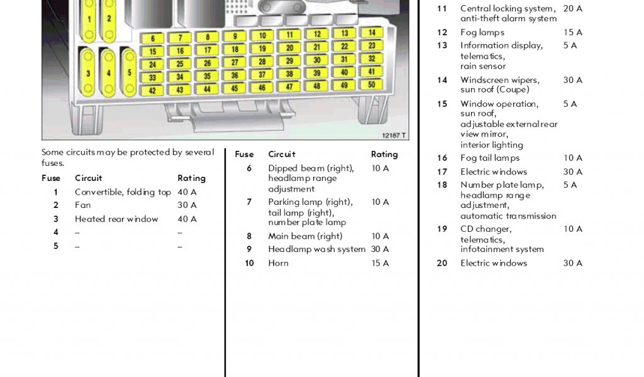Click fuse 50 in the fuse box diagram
point(372,84)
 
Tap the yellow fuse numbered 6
point(153,38)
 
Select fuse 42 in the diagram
point(152,90)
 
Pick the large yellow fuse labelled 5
point(130,72)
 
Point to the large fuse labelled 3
point(88,73)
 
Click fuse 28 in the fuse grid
point(262,62)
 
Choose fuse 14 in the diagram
point(372,32)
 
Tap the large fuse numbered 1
point(89,19)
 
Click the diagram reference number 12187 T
point(394,135)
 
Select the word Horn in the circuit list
point(279,263)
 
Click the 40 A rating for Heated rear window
point(187,219)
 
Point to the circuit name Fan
point(82,205)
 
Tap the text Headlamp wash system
point(316,249)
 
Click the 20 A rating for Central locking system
point(572,8)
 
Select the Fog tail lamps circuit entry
point(490,158)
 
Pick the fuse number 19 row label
point(442,229)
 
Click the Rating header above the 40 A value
point(191,178)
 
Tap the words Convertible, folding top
point(123,192)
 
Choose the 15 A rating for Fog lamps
point(572,32)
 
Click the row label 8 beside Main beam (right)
point(249,236)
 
